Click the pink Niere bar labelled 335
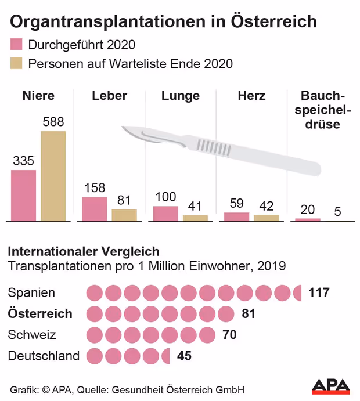(23, 196)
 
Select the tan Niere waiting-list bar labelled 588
(53, 176)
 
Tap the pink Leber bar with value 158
(94, 209)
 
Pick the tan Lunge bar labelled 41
(195, 218)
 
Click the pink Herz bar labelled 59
(236, 216)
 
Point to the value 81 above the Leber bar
(124, 200)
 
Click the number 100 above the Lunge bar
(165, 197)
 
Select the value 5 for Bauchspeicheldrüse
(337, 211)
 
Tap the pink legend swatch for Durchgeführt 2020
(16, 45)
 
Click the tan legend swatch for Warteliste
(16, 63)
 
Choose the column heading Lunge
(180, 96)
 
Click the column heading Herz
(251, 96)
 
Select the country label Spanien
(32, 292)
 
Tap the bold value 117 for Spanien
(319, 292)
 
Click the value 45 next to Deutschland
(184, 356)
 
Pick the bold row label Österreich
(40, 313)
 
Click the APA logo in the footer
(331, 386)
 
